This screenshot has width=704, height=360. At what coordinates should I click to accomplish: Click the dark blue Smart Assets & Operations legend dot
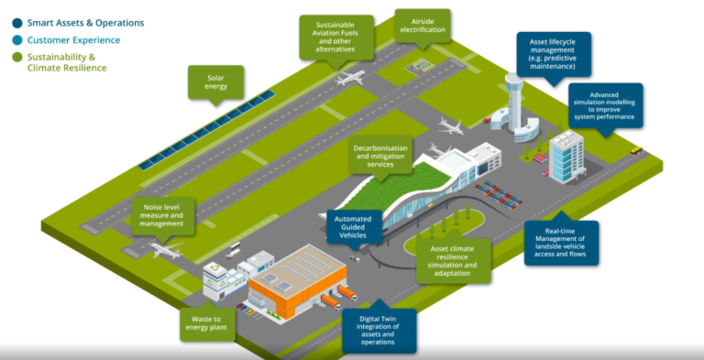16,22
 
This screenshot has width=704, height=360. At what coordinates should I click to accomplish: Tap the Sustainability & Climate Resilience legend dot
16,58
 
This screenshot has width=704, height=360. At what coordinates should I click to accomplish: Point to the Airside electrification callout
423,24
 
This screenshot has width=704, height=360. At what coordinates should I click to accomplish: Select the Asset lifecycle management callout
553,54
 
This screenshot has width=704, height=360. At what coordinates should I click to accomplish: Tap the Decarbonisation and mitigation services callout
379,157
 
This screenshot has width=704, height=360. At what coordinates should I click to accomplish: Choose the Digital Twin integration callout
379,330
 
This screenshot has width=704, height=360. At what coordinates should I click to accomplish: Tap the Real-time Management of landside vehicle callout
560,243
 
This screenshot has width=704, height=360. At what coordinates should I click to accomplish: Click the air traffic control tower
513,100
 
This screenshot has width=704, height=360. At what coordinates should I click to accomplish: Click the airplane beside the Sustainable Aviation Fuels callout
348,79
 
